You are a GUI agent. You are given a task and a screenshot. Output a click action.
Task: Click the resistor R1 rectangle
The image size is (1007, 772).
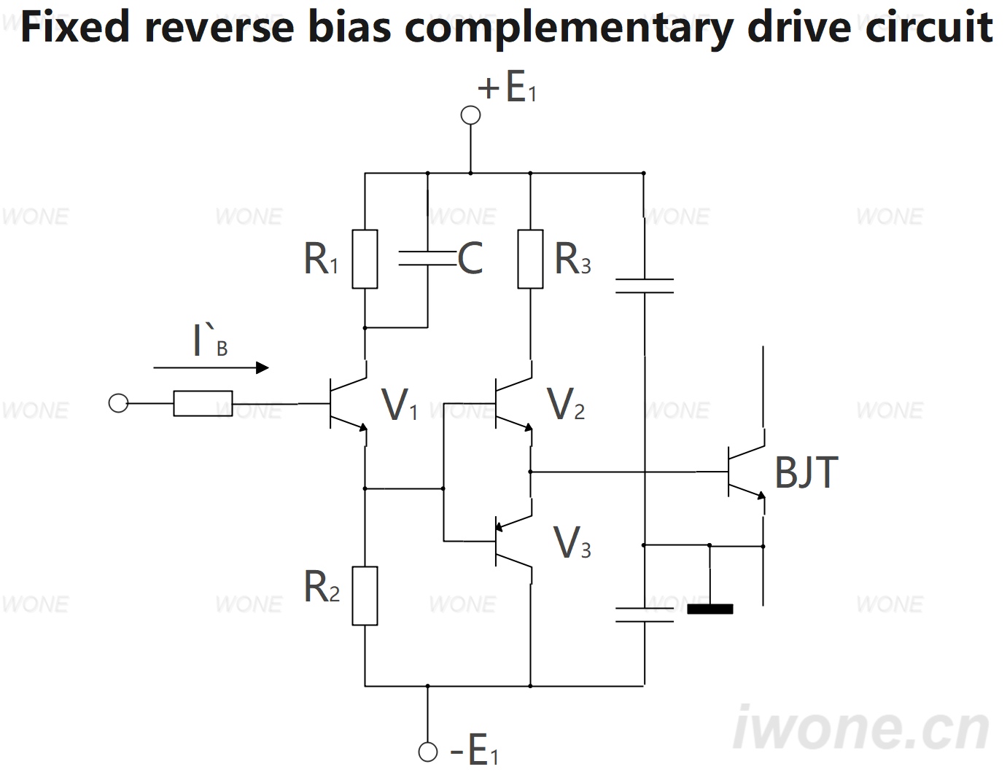[365, 259]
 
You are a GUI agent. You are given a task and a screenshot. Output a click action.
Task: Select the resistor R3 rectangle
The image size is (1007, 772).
[530, 259]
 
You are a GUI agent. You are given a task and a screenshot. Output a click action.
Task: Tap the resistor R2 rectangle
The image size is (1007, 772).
[365, 596]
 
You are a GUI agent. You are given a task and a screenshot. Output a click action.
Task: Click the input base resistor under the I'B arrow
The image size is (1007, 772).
[203, 403]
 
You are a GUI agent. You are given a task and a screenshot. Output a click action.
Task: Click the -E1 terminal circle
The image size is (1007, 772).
[428, 752]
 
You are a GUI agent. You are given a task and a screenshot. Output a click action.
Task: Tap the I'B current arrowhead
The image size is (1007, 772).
[263, 367]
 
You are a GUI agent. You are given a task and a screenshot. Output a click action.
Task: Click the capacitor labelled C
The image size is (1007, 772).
[427, 258]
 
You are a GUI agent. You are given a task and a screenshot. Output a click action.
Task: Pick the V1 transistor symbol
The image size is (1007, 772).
[348, 403]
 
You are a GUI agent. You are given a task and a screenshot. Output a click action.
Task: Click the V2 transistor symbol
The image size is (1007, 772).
[513, 403]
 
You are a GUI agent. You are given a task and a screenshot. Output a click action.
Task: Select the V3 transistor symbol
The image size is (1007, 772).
[513, 541]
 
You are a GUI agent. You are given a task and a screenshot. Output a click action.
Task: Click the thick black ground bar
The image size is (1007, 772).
[710, 609]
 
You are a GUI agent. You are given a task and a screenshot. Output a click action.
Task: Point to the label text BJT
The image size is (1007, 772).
[806, 472]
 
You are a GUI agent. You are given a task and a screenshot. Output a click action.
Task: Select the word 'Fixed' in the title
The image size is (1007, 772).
[75, 27]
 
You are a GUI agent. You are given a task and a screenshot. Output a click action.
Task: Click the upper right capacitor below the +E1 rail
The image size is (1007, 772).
[644, 286]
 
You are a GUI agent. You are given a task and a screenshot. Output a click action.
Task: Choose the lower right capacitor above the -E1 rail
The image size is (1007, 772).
[644, 615]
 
